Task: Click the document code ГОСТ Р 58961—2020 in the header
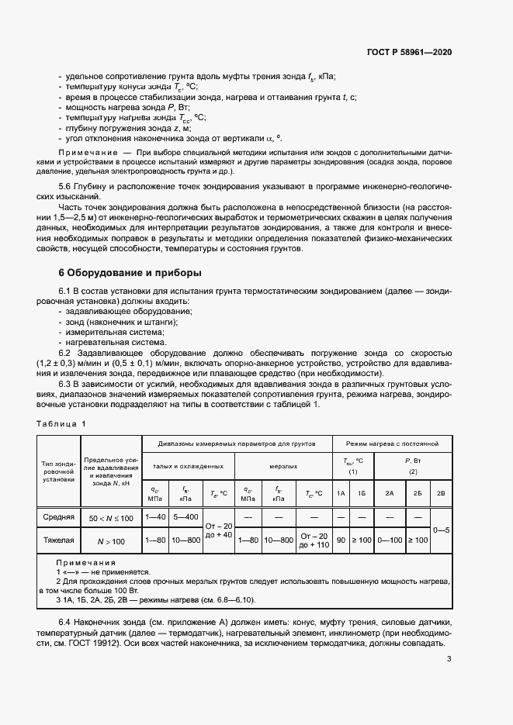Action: [409, 52]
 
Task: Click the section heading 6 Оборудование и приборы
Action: [120, 273]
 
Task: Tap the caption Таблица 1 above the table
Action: [62, 423]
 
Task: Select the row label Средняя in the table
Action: [59, 516]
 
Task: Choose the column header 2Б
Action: [418, 493]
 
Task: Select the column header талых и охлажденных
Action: [189, 466]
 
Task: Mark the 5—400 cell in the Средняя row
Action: [186, 516]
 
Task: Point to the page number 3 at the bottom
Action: [449, 659]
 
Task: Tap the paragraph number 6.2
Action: [66, 352]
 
